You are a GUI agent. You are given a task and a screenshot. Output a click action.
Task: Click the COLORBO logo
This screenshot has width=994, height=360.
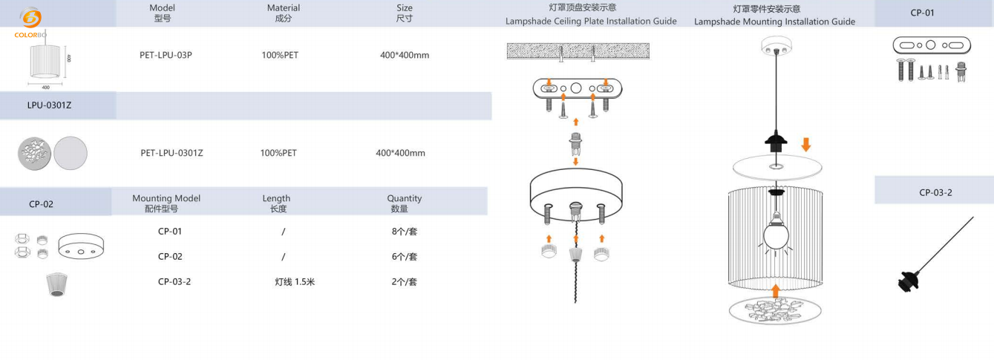click(x=30, y=22)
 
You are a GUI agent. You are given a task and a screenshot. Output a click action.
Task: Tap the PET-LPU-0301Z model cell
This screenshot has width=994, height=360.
click(x=171, y=153)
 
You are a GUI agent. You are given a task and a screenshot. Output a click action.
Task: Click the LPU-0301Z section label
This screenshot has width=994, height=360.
click(x=50, y=105)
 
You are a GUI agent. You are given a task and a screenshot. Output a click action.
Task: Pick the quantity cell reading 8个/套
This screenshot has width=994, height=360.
click(x=404, y=232)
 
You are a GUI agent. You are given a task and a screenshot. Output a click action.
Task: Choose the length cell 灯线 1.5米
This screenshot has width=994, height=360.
click(x=295, y=282)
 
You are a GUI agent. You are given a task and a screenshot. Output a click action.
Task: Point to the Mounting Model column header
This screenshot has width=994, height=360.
click(x=166, y=203)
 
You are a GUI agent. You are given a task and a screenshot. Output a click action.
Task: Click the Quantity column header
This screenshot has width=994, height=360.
click(x=404, y=203)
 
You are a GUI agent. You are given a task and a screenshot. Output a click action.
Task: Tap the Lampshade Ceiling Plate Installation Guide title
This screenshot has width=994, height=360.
click(x=591, y=22)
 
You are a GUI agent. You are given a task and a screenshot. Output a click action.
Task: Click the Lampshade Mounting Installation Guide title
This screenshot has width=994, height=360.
click(x=774, y=22)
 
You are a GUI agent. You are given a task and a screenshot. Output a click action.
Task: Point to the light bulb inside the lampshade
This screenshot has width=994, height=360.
click(x=775, y=234)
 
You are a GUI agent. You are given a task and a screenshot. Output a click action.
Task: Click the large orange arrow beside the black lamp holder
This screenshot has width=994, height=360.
click(x=807, y=142)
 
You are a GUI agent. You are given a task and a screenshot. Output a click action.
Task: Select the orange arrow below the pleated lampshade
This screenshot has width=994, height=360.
click(x=775, y=290)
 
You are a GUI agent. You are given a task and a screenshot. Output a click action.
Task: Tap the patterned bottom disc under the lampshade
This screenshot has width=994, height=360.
click(x=775, y=310)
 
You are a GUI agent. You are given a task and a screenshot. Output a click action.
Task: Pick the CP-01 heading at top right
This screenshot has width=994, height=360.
click(x=922, y=13)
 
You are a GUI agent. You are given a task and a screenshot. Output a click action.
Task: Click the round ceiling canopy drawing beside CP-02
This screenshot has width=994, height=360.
click(x=81, y=246)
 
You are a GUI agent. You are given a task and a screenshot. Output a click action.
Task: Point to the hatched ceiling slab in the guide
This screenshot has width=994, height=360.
click(x=578, y=51)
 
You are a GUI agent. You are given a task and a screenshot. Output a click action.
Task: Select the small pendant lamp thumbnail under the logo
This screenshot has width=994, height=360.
click(x=48, y=62)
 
